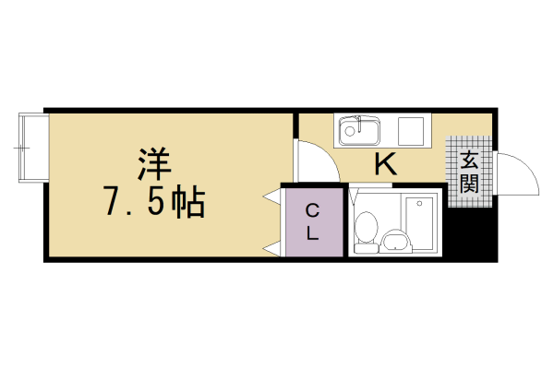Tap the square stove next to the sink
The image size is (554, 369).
(x=410, y=130)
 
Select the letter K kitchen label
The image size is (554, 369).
(x=386, y=165)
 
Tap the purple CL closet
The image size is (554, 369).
(x=312, y=221)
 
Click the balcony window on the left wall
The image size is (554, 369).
(x=30, y=147)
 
